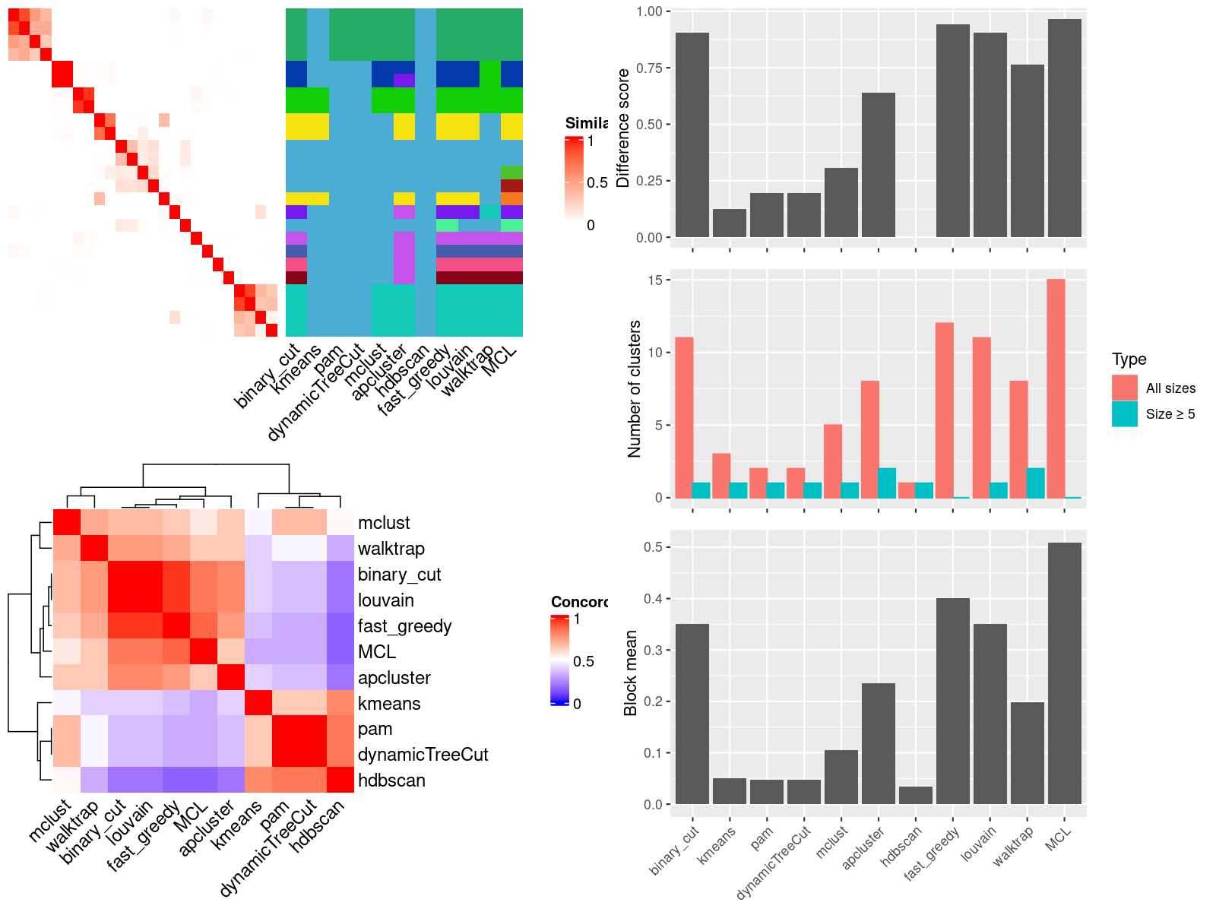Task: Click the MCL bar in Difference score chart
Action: [1064, 129]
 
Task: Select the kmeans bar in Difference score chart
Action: [730, 223]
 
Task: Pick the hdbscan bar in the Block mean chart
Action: [915, 795]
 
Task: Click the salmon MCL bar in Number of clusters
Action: [1056, 388]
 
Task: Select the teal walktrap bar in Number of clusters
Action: [1036, 483]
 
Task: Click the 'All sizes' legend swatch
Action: [1125, 388]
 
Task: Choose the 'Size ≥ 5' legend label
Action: [1170, 414]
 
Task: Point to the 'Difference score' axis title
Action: [624, 128]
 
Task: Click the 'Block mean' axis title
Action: [631, 673]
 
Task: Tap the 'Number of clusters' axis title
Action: [635, 389]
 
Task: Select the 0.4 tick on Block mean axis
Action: [653, 599]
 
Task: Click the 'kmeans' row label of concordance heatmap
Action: [389, 704]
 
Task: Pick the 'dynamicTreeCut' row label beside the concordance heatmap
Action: [423, 755]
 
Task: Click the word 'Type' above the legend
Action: [1129, 359]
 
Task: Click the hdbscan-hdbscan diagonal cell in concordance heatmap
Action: [340, 781]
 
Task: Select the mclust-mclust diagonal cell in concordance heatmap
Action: [67, 523]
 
